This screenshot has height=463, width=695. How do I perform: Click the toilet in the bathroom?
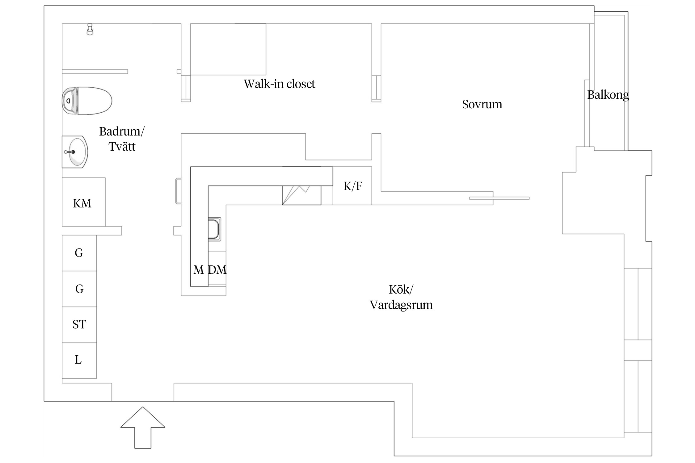point(87,101)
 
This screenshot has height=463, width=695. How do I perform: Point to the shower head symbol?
point(90,29)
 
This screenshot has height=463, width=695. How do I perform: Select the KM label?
point(82,203)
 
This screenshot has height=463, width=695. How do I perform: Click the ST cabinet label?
point(79,324)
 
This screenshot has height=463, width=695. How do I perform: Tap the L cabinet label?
point(78,360)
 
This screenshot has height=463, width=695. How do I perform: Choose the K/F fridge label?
point(353,186)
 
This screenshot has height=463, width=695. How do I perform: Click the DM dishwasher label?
point(217,270)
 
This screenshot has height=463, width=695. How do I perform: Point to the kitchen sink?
point(214,229)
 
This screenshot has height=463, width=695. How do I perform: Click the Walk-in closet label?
point(279,84)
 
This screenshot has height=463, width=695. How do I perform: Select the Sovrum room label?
point(482,104)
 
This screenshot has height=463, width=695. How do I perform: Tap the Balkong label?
point(608,95)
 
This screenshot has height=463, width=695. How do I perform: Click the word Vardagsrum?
point(401,305)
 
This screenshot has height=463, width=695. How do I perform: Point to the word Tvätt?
point(122,146)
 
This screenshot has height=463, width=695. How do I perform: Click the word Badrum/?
point(122,131)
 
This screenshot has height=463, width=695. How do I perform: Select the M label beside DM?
point(199,270)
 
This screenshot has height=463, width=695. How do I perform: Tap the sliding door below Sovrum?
point(499,198)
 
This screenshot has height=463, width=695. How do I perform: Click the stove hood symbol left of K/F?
point(301,195)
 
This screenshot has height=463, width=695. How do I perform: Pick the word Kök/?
point(401,290)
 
